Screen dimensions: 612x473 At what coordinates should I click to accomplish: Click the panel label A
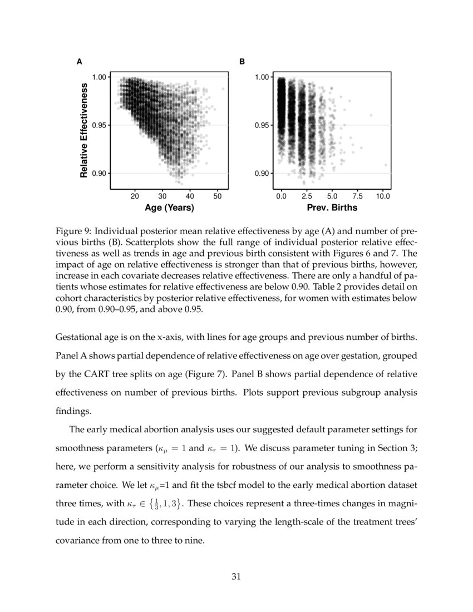click(x=80, y=62)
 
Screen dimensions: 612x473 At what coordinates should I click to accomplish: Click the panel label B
click(x=242, y=62)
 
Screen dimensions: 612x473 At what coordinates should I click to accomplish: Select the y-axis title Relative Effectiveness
click(x=84, y=130)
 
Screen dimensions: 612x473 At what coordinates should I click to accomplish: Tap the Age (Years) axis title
click(x=169, y=208)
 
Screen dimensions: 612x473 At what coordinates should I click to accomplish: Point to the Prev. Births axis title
click(x=332, y=208)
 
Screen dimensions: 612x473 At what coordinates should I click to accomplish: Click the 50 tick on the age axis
click(x=217, y=196)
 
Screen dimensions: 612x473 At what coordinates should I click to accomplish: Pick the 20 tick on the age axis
click(x=135, y=196)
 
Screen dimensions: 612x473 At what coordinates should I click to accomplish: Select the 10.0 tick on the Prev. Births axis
click(x=383, y=196)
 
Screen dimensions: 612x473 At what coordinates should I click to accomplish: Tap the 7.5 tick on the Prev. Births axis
click(x=357, y=196)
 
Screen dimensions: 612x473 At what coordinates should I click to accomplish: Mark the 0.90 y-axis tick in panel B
click(x=263, y=174)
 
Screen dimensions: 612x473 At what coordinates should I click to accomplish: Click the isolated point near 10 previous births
click(x=386, y=165)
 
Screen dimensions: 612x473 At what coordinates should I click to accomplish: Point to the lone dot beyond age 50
click(x=223, y=88)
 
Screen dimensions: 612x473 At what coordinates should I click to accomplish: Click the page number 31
click(x=236, y=576)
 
